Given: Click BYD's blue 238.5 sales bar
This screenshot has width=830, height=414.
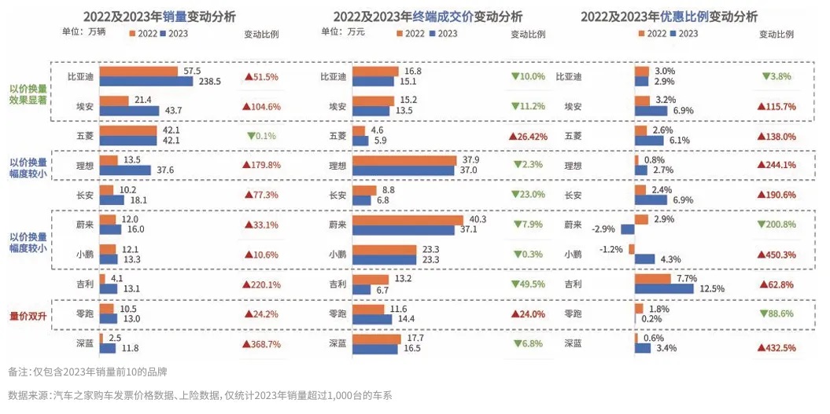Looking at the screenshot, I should coord(149,82).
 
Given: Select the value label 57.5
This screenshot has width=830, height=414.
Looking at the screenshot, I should coord(193,71).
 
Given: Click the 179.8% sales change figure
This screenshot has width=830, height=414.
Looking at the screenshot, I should coord(262,166).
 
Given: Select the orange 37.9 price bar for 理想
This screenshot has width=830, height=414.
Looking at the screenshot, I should coord(404,160).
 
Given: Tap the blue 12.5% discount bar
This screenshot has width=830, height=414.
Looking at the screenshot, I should coord(664,289).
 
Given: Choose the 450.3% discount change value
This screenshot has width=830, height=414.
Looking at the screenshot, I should coord(777,255).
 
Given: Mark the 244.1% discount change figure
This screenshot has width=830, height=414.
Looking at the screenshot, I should coord(777,166).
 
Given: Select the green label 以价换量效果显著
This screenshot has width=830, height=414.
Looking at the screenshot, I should coord(28,93).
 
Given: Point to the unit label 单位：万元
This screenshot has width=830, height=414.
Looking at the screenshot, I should coord(339,32).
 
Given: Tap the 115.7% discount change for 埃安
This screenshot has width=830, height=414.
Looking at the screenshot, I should coord(777,107).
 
